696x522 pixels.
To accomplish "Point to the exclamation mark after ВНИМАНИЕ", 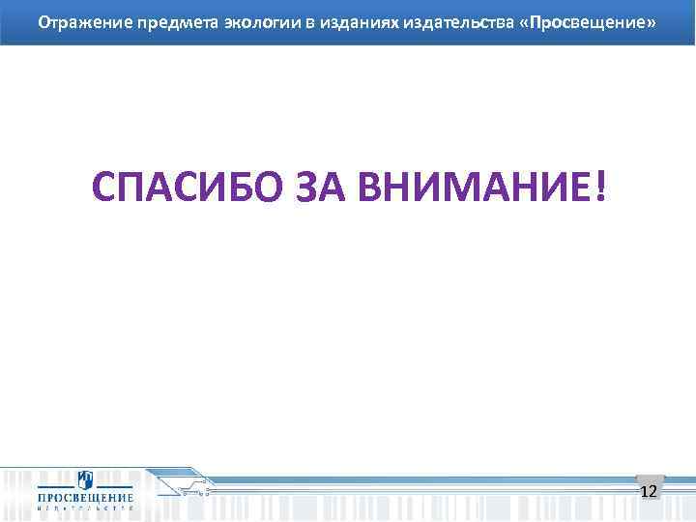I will click(x=603, y=188).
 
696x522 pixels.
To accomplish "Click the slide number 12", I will click(x=650, y=492).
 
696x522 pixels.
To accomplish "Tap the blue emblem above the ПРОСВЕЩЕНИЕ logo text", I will click(x=85, y=478).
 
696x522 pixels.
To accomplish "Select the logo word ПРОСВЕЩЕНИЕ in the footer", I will click(x=85, y=495).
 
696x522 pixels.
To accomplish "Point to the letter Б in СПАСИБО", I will click(x=227, y=188).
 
